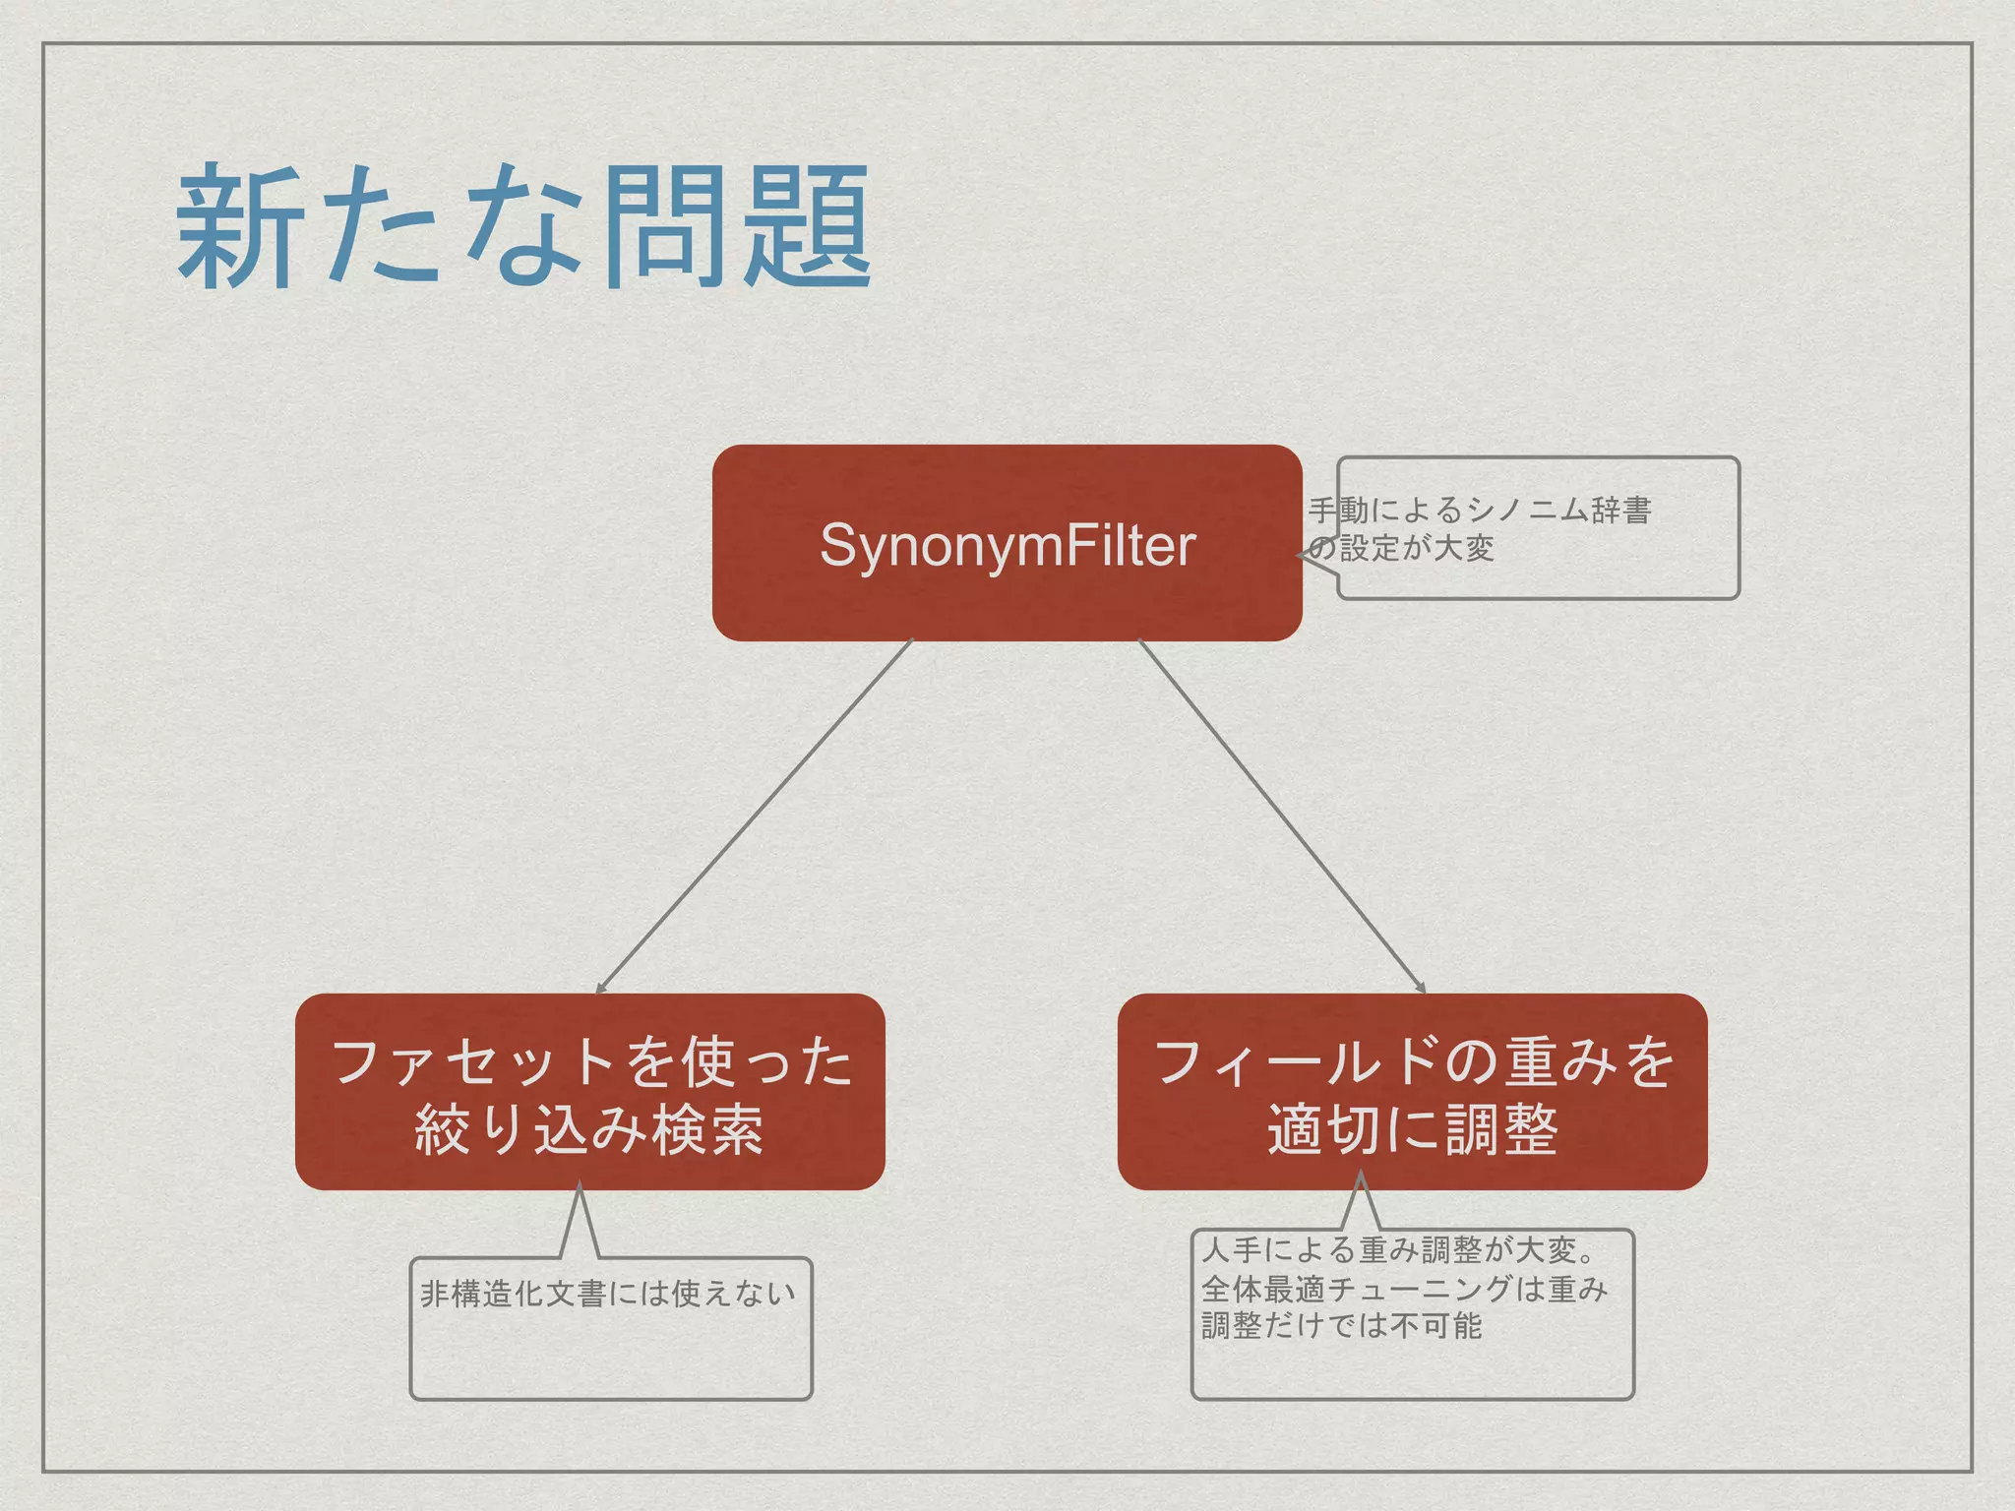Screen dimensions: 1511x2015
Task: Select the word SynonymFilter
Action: point(1007,545)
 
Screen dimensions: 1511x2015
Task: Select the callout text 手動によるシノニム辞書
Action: point(1479,511)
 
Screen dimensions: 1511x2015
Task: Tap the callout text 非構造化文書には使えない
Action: point(608,1293)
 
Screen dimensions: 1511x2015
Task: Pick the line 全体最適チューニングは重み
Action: point(1404,1289)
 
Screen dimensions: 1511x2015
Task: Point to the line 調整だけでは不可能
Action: point(1341,1326)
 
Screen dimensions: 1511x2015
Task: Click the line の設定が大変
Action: point(1401,548)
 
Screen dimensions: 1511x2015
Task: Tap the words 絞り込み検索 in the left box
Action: point(589,1129)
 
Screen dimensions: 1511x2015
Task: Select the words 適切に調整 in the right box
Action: point(1412,1129)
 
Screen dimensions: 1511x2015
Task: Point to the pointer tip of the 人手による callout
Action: point(1361,1174)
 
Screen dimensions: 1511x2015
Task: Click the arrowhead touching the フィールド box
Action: point(1421,989)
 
